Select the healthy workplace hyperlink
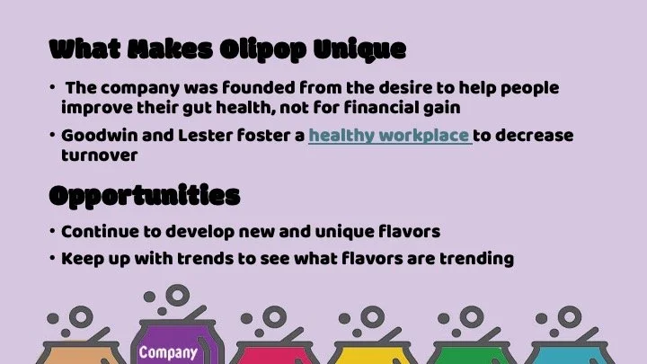[x=389, y=136]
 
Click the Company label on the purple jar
[x=168, y=352]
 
